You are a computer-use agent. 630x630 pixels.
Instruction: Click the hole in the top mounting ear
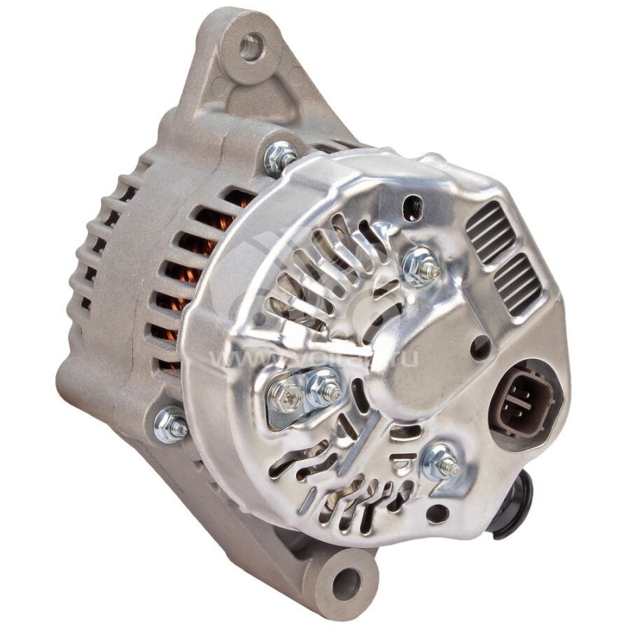point(252,47)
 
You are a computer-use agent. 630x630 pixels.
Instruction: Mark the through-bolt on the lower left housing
point(171,425)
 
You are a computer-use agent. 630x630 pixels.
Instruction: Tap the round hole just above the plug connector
point(480,346)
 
